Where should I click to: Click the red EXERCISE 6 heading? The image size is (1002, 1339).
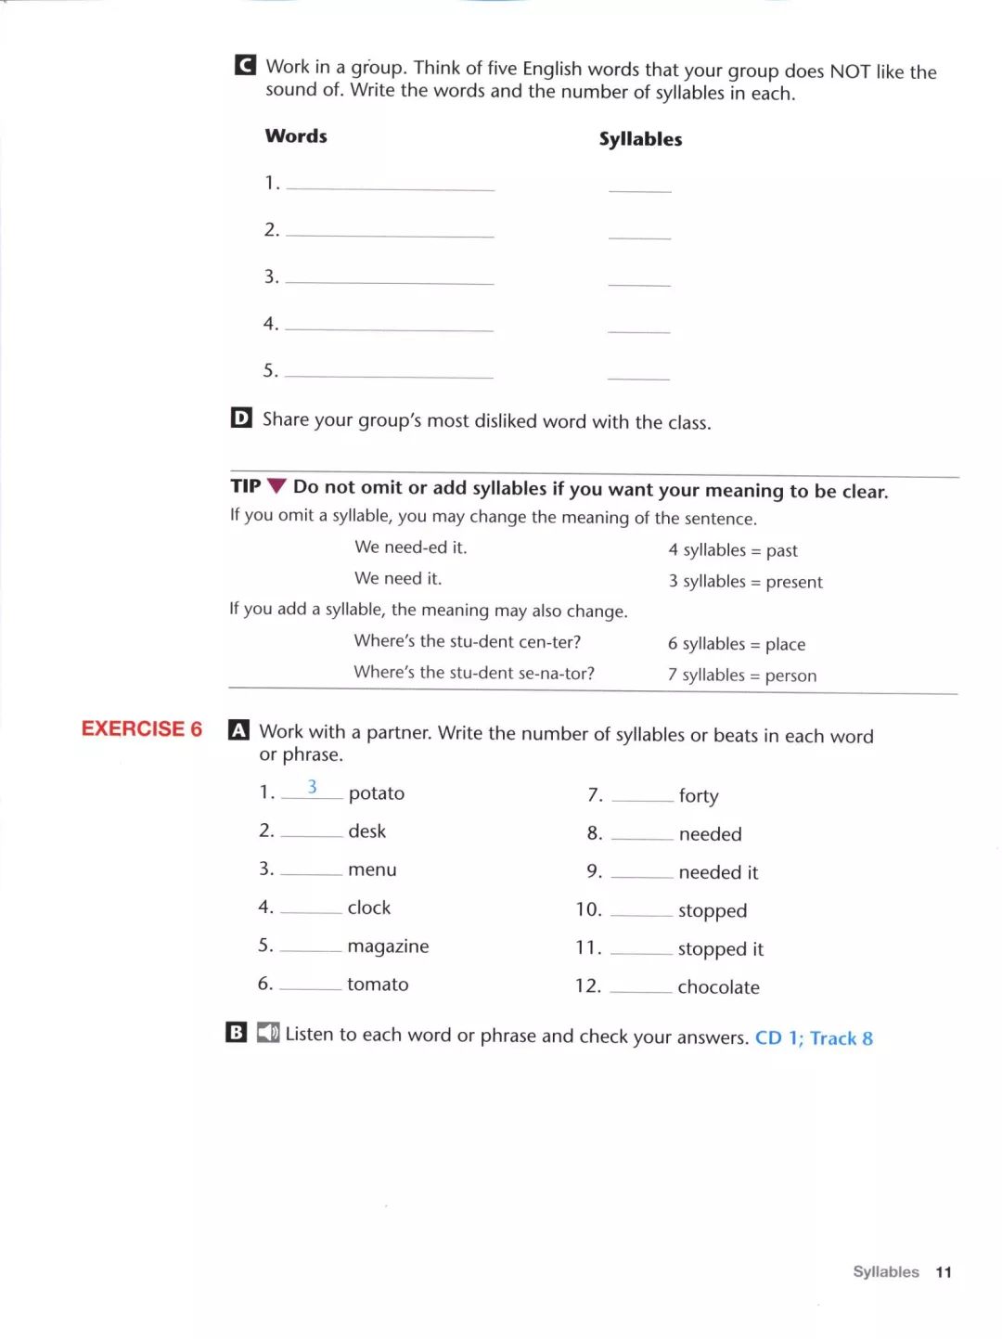[x=142, y=729]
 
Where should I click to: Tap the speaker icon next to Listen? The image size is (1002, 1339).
[x=268, y=1033]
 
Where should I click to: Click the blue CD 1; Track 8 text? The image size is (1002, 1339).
[x=814, y=1038]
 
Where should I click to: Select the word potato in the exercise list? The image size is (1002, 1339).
[x=377, y=793]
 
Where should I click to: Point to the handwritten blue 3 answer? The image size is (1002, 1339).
[x=313, y=787]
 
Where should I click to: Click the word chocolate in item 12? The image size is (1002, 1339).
[x=718, y=987]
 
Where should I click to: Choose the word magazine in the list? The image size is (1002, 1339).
[x=388, y=946]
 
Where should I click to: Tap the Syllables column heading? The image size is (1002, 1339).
[x=640, y=139]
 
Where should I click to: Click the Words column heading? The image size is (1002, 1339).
[x=296, y=136]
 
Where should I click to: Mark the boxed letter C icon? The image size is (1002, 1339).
[x=246, y=65]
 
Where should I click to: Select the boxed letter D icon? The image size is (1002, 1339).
[x=241, y=418]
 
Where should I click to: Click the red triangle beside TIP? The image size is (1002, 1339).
[x=276, y=486]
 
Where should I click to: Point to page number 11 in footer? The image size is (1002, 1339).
[x=944, y=1272]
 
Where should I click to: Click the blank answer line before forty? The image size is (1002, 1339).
[x=642, y=798]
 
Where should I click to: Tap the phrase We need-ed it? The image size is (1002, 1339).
[x=410, y=547]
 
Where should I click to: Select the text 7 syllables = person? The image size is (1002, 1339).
[x=742, y=676]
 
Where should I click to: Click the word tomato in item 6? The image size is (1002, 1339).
[x=378, y=985]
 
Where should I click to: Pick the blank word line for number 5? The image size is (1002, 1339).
[x=389, y=375]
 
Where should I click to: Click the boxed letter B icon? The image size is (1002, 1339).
[x=237, y=1032]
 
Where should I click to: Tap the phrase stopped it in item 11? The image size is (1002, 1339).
[x=720, y=949]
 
